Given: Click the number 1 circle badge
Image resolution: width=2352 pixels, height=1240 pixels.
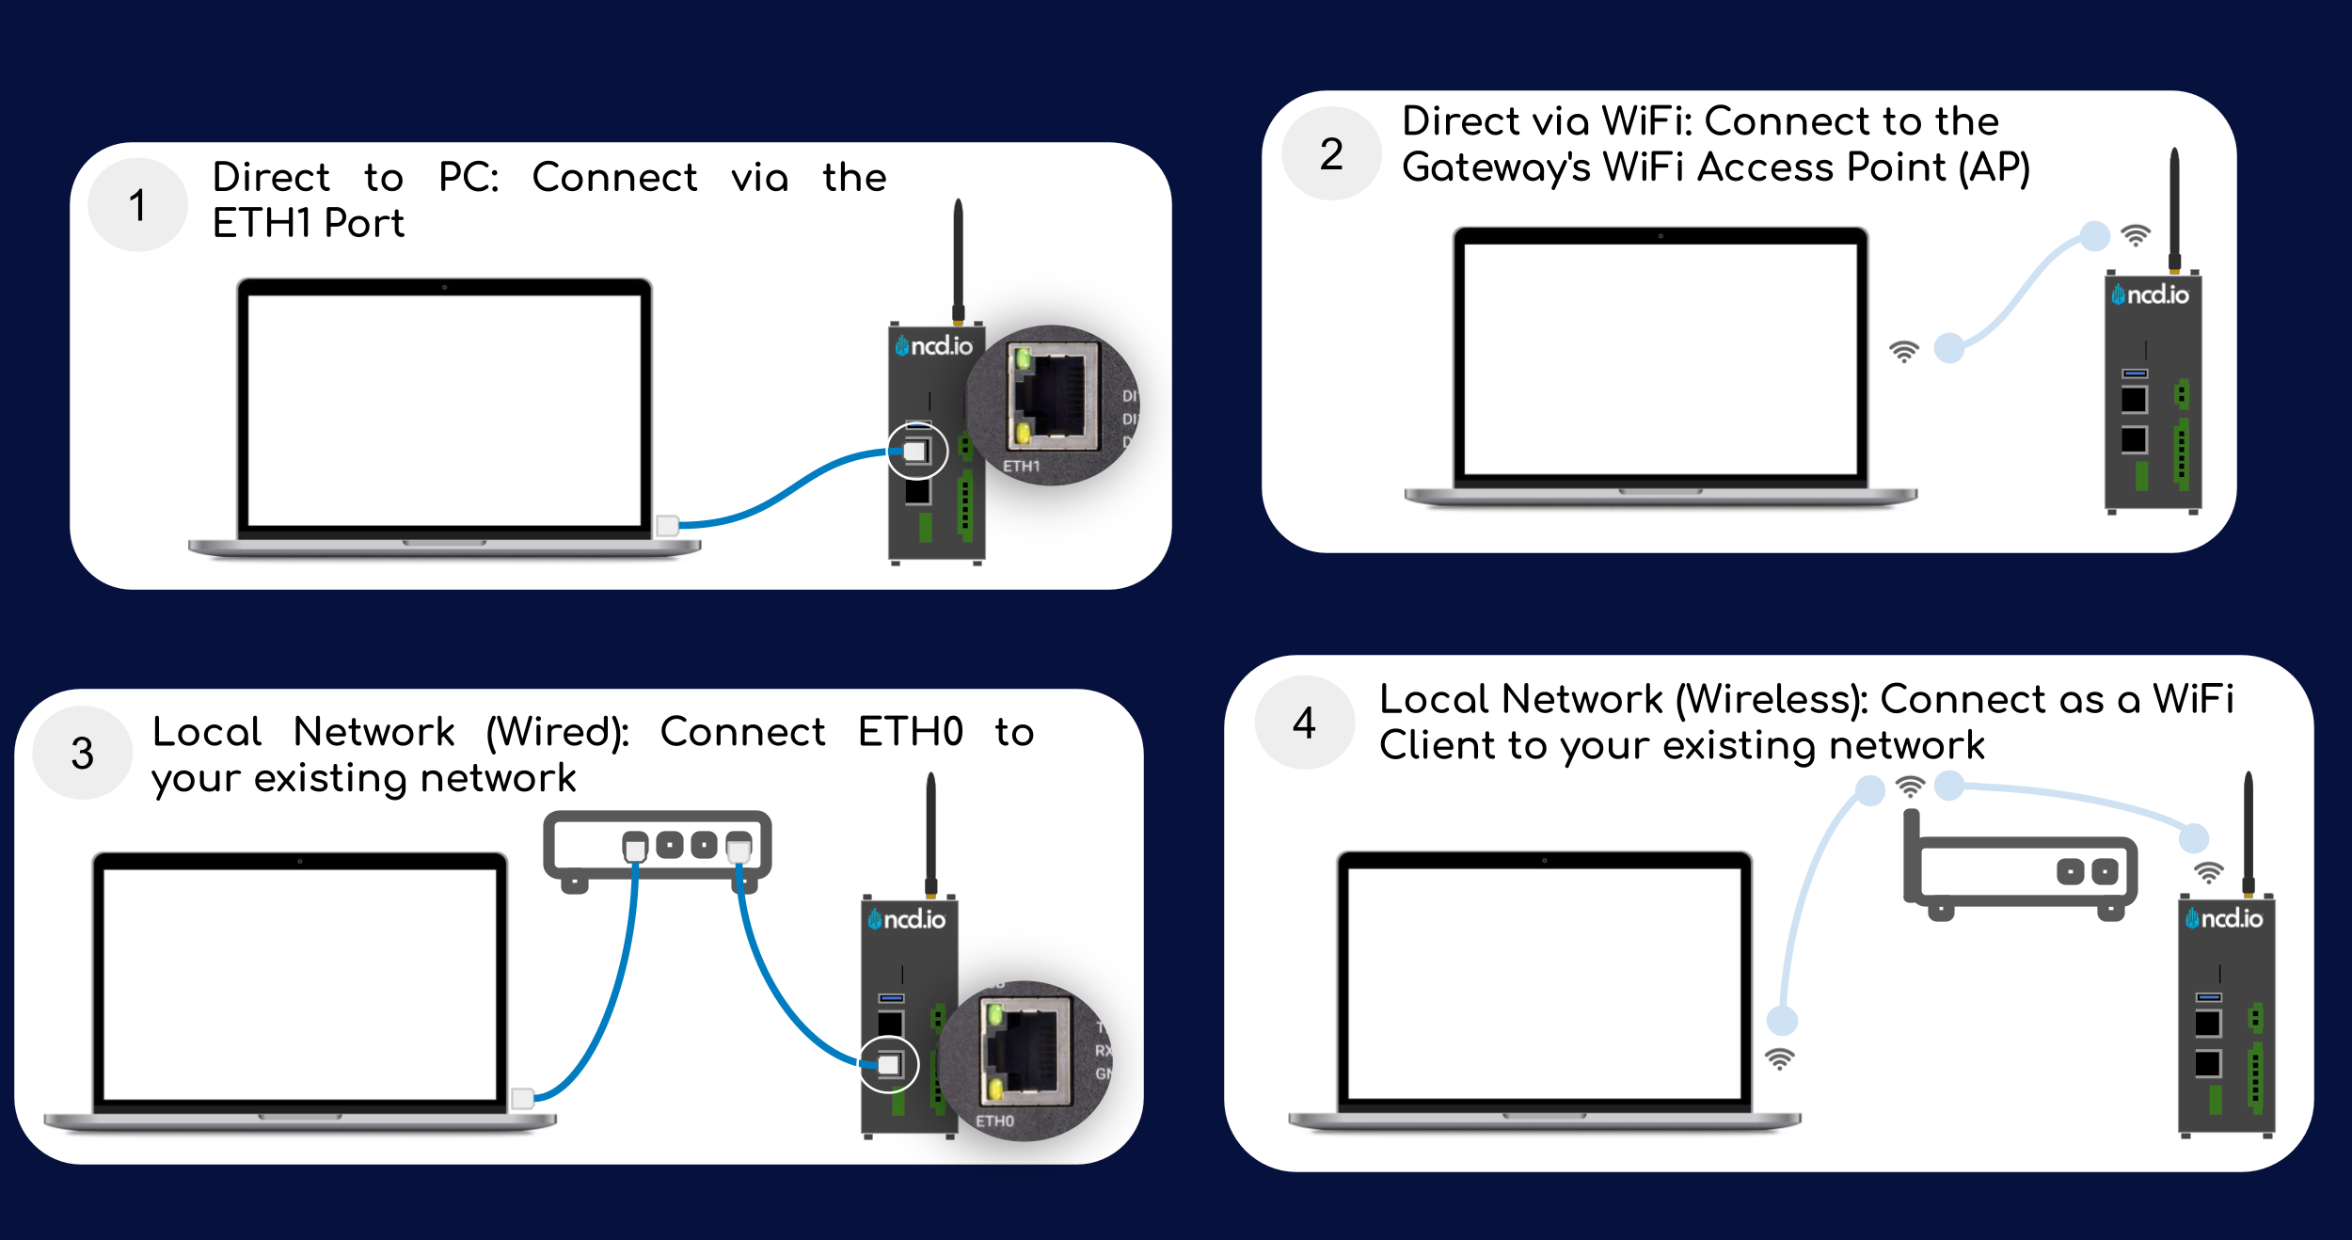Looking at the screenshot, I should (x=137, y=205).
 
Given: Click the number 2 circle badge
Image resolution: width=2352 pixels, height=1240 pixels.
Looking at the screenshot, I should (x=1331, y=153).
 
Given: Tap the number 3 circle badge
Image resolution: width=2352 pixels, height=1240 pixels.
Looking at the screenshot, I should (x=83, y=753).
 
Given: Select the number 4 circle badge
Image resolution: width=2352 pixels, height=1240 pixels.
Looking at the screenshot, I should (x=1304, y=723).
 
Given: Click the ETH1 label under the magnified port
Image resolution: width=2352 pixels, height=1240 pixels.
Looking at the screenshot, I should (x=1021, y=466).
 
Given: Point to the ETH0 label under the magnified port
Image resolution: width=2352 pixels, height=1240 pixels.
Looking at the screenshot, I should (x=994, y=1121).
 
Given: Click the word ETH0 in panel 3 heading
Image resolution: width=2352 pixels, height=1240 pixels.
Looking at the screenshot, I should (x=911, y=732).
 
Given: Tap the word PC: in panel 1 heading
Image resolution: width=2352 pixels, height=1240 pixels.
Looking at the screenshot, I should (x=469, y=177).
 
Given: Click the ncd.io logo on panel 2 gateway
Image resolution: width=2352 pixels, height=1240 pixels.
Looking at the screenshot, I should (x=2152, y=294).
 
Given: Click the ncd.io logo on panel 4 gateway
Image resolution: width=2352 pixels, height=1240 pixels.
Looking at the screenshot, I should (x=2226, y=917).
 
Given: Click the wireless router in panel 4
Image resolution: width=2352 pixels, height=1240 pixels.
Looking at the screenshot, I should (x=2023, y=870).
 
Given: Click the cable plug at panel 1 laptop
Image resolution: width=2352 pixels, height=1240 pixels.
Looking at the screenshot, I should (x=668, y=525).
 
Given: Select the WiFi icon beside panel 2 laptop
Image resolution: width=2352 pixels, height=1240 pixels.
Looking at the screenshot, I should (x=1903, y=352).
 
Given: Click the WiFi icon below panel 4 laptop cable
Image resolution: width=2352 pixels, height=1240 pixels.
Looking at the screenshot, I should (x=1779, y=1058).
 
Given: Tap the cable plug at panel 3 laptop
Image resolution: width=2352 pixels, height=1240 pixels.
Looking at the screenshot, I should (x=523, y=1098).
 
